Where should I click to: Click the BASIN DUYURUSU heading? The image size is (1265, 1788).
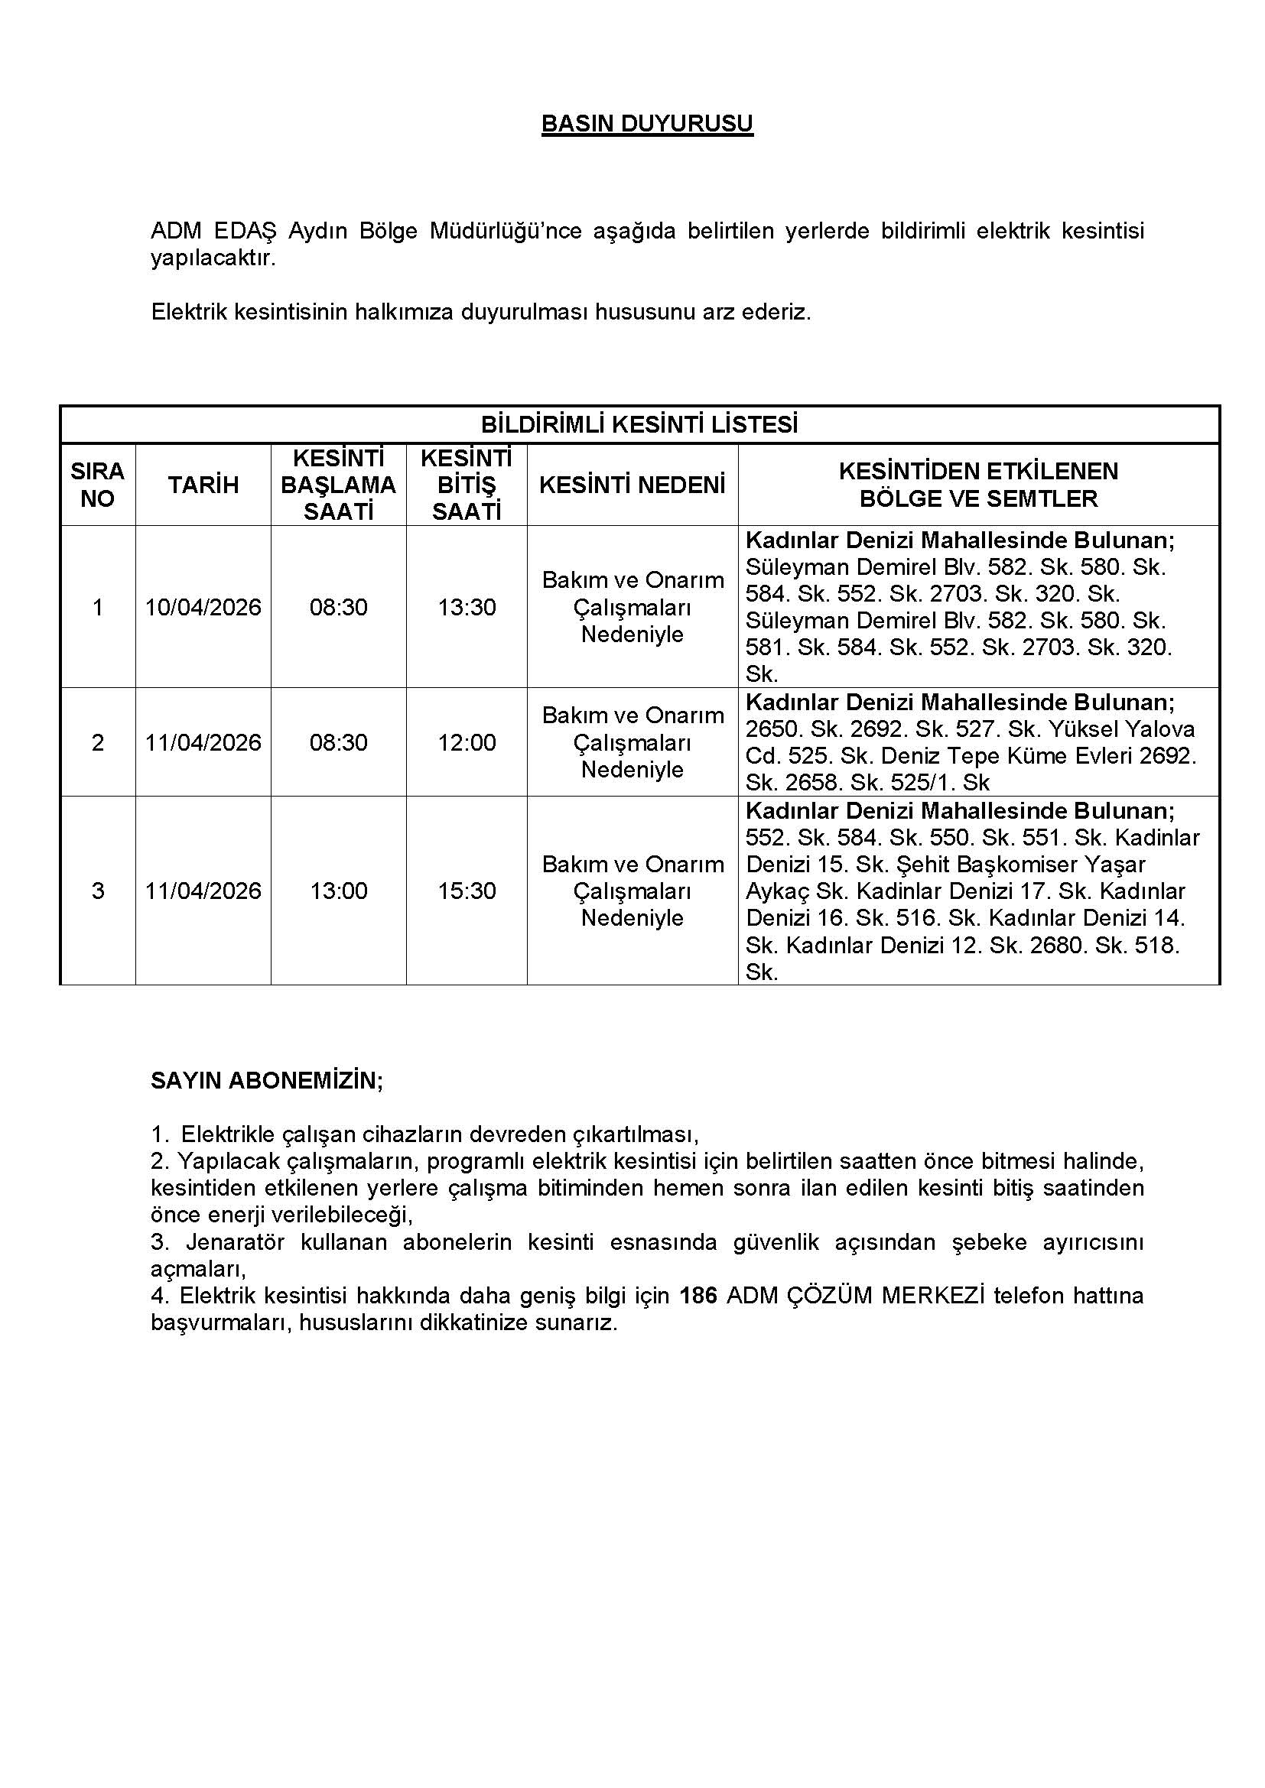coord(646,124)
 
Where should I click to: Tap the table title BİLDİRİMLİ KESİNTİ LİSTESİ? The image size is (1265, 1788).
coord(639,424)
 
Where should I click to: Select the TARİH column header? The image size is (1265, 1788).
coord(203,485)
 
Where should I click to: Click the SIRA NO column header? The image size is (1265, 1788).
coord(97,485)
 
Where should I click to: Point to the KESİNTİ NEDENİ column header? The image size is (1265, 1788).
coord(632,485)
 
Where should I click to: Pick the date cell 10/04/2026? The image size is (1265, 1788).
coord(203,607)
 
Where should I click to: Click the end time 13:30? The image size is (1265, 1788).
coord(467,607)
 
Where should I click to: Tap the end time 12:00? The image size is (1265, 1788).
coord(467,742)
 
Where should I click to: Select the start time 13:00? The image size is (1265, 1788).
coord(339,890)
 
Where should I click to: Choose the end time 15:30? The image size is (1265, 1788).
coord(467,890)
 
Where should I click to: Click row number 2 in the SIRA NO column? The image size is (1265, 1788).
coord(97,742)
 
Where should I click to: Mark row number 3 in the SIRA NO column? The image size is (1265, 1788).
coord(97,890)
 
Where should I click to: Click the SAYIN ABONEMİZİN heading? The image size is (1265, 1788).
coord(266,1080)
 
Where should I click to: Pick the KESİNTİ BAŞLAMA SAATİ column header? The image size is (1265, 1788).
coord(338,485)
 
